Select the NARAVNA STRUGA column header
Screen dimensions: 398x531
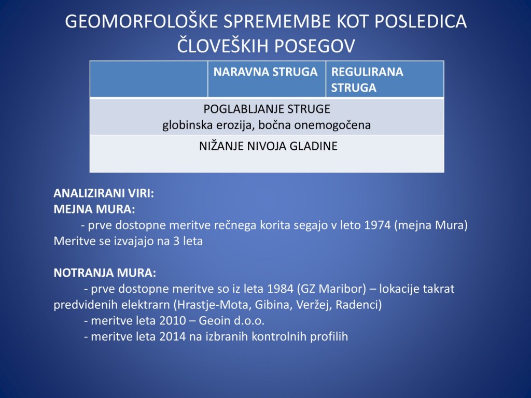click(x=265, y=73)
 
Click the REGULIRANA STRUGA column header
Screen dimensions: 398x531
click(x=367, y=79)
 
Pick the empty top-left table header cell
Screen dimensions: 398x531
click(x=149, y=79)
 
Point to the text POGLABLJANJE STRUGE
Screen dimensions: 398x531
click(x=267, y=109)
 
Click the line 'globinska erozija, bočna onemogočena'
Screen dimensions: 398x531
click(x=267, y=125)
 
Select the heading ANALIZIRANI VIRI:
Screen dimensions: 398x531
click(x=104, y=193)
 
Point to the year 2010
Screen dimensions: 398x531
click(x=172, y=321)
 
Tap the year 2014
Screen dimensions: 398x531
click(x=172, y=337)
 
